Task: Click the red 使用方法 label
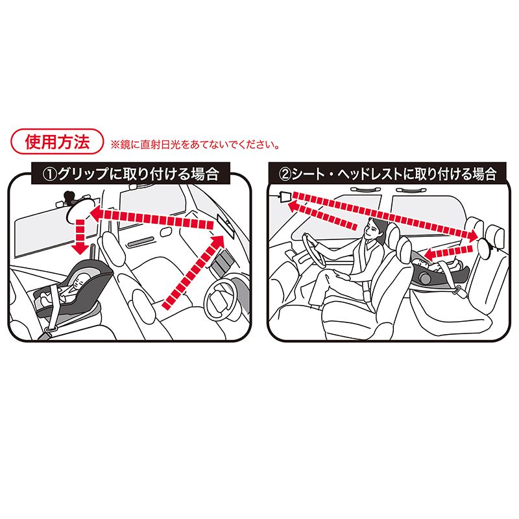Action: (x=57, y=141)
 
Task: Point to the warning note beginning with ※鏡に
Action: (x=195, y=145)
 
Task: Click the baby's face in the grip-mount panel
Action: (x=78, y=282)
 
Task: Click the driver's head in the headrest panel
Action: (x=375, y=229)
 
